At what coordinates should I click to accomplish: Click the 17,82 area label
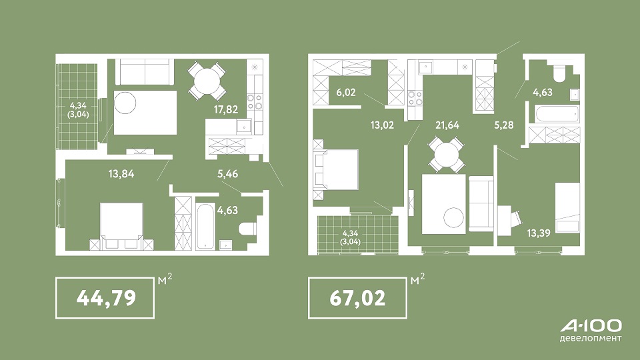226,109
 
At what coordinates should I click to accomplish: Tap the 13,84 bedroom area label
121,174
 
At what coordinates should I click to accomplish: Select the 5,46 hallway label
228,174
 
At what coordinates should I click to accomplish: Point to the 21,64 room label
447,125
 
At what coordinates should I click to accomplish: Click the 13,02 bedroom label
382,125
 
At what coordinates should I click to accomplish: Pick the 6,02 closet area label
346,92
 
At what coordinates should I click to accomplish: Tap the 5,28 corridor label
504,125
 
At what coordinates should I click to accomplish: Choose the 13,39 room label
539,233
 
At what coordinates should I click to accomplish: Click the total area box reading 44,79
105,298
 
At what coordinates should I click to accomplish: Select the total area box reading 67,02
357,298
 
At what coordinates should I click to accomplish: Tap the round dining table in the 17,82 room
207,81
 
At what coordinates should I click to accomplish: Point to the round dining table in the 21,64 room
447,154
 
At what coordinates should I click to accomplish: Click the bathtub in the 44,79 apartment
205,224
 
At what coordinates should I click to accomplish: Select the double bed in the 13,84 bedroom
121,226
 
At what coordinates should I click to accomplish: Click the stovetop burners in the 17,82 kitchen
255,103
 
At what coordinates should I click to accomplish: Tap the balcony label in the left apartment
78,110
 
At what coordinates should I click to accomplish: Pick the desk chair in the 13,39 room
515,217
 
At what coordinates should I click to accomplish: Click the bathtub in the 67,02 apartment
557,114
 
